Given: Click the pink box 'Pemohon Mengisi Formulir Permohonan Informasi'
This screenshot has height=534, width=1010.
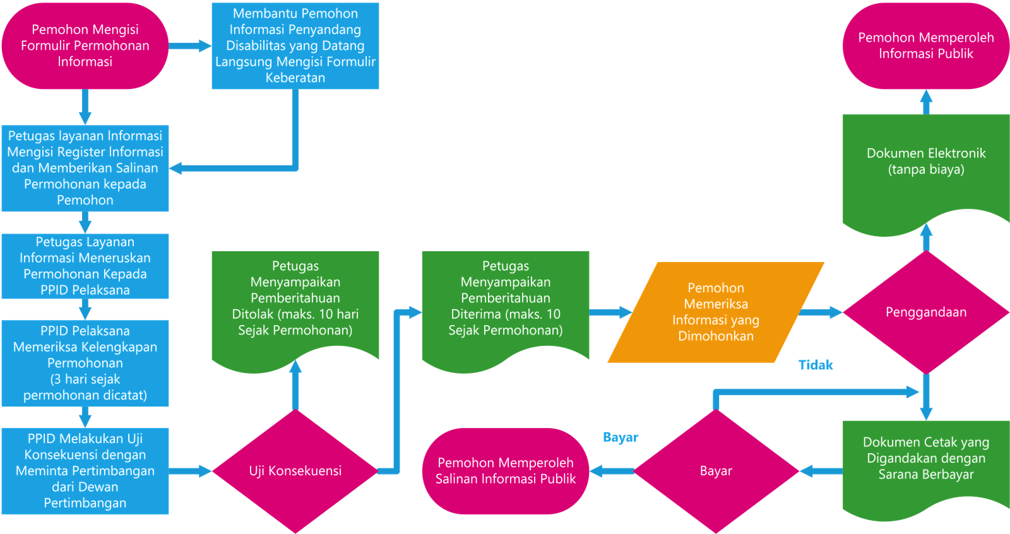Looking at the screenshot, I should tap(85, 45).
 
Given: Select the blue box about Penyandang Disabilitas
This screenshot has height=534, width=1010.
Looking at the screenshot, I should tap(295, 45).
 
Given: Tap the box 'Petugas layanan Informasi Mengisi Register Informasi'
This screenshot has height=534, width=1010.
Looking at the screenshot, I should tap(85, 168).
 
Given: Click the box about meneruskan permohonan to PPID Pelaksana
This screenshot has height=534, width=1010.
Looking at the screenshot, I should tap(85, 266).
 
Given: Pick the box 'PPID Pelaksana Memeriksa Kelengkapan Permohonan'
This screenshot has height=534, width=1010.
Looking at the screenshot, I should tap(85, 363).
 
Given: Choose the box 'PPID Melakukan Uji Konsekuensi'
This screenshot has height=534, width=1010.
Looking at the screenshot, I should tap(85, 471).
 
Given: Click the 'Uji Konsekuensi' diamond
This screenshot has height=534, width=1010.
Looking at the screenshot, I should tap(295, 471).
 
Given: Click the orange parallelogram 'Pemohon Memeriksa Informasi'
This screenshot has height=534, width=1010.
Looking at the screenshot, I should tap(716, 312).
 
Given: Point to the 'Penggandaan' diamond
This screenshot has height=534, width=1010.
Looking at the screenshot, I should tap(926, 312).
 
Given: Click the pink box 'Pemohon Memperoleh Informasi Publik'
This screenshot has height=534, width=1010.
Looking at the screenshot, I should tap(926, 45).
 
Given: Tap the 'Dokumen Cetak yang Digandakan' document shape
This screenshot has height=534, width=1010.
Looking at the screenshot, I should tap(926, 460).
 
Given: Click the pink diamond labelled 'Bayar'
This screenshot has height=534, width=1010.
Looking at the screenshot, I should tap(716, 471).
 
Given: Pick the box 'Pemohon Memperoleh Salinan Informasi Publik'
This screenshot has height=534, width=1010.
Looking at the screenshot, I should tap(506, 471).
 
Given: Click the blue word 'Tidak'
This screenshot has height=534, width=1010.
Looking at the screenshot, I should tap(816, 365).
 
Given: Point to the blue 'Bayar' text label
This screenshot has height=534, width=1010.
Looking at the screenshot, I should tap(621, 437).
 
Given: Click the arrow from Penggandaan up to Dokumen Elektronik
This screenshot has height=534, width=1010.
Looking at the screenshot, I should tap(926, 237).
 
